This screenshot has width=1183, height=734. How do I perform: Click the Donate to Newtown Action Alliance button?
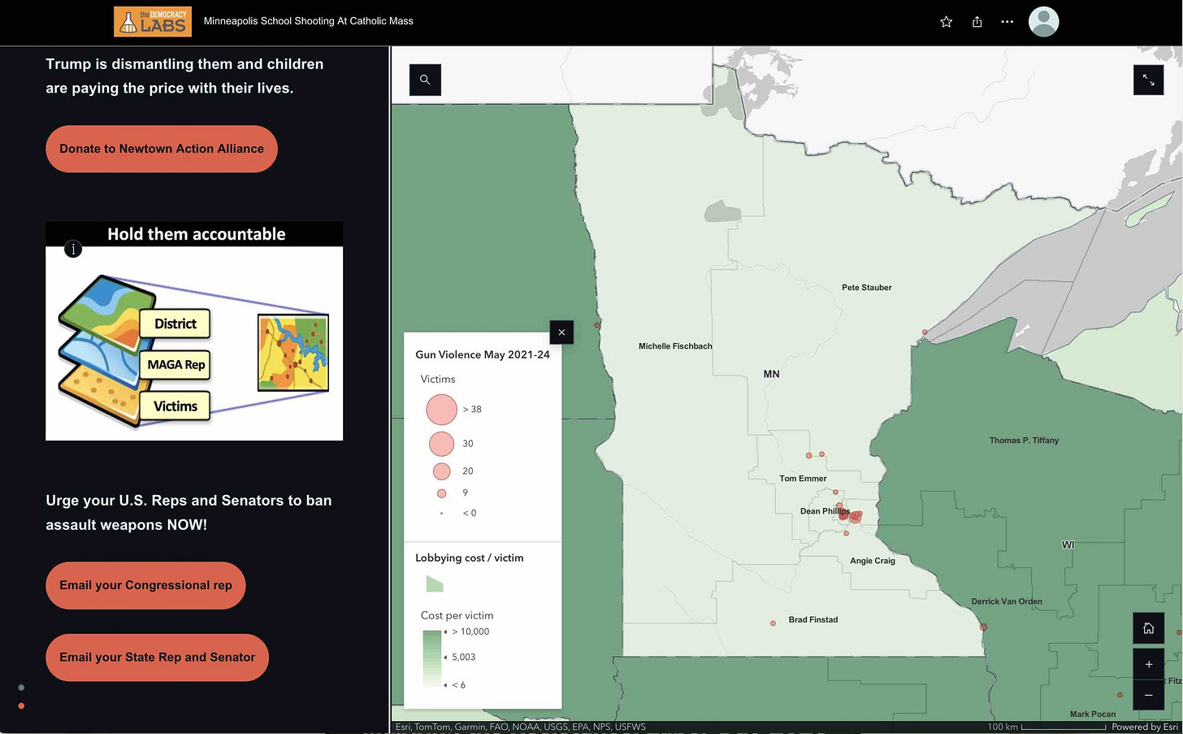point(161,149)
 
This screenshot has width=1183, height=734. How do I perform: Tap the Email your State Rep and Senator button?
point(157,658)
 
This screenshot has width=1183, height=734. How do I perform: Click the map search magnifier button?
point(425,80)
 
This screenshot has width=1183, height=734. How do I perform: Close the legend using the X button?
point(561,332)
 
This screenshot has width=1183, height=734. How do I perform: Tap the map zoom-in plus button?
point(1148,664)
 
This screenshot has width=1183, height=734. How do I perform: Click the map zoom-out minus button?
point(1148,695)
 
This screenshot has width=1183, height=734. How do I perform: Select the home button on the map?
point(1148,628)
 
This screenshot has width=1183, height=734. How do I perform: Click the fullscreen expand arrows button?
point(1148,80)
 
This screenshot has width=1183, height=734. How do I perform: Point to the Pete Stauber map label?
point(866,288)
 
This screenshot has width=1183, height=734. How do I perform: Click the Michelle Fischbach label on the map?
point(675,346)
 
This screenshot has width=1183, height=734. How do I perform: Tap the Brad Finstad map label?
point(812,619)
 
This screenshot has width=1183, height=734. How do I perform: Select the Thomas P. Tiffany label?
point(1024,441)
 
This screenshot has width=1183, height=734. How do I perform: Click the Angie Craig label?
point(872,561)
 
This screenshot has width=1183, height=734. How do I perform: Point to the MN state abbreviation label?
point(771,375)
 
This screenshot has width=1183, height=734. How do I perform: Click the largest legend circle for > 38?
point(441,410)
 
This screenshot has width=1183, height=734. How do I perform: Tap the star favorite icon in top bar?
point(946,22)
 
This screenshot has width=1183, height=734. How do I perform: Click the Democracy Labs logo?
point(153,22)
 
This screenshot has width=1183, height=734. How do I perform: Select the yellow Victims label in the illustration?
point(175,406)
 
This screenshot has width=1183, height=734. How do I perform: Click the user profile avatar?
point(1043,22)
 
